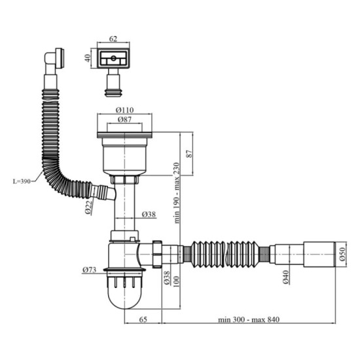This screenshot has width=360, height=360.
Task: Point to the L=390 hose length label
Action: [x=21, y=181]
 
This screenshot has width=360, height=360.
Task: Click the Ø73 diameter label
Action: [x=91, y=270]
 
